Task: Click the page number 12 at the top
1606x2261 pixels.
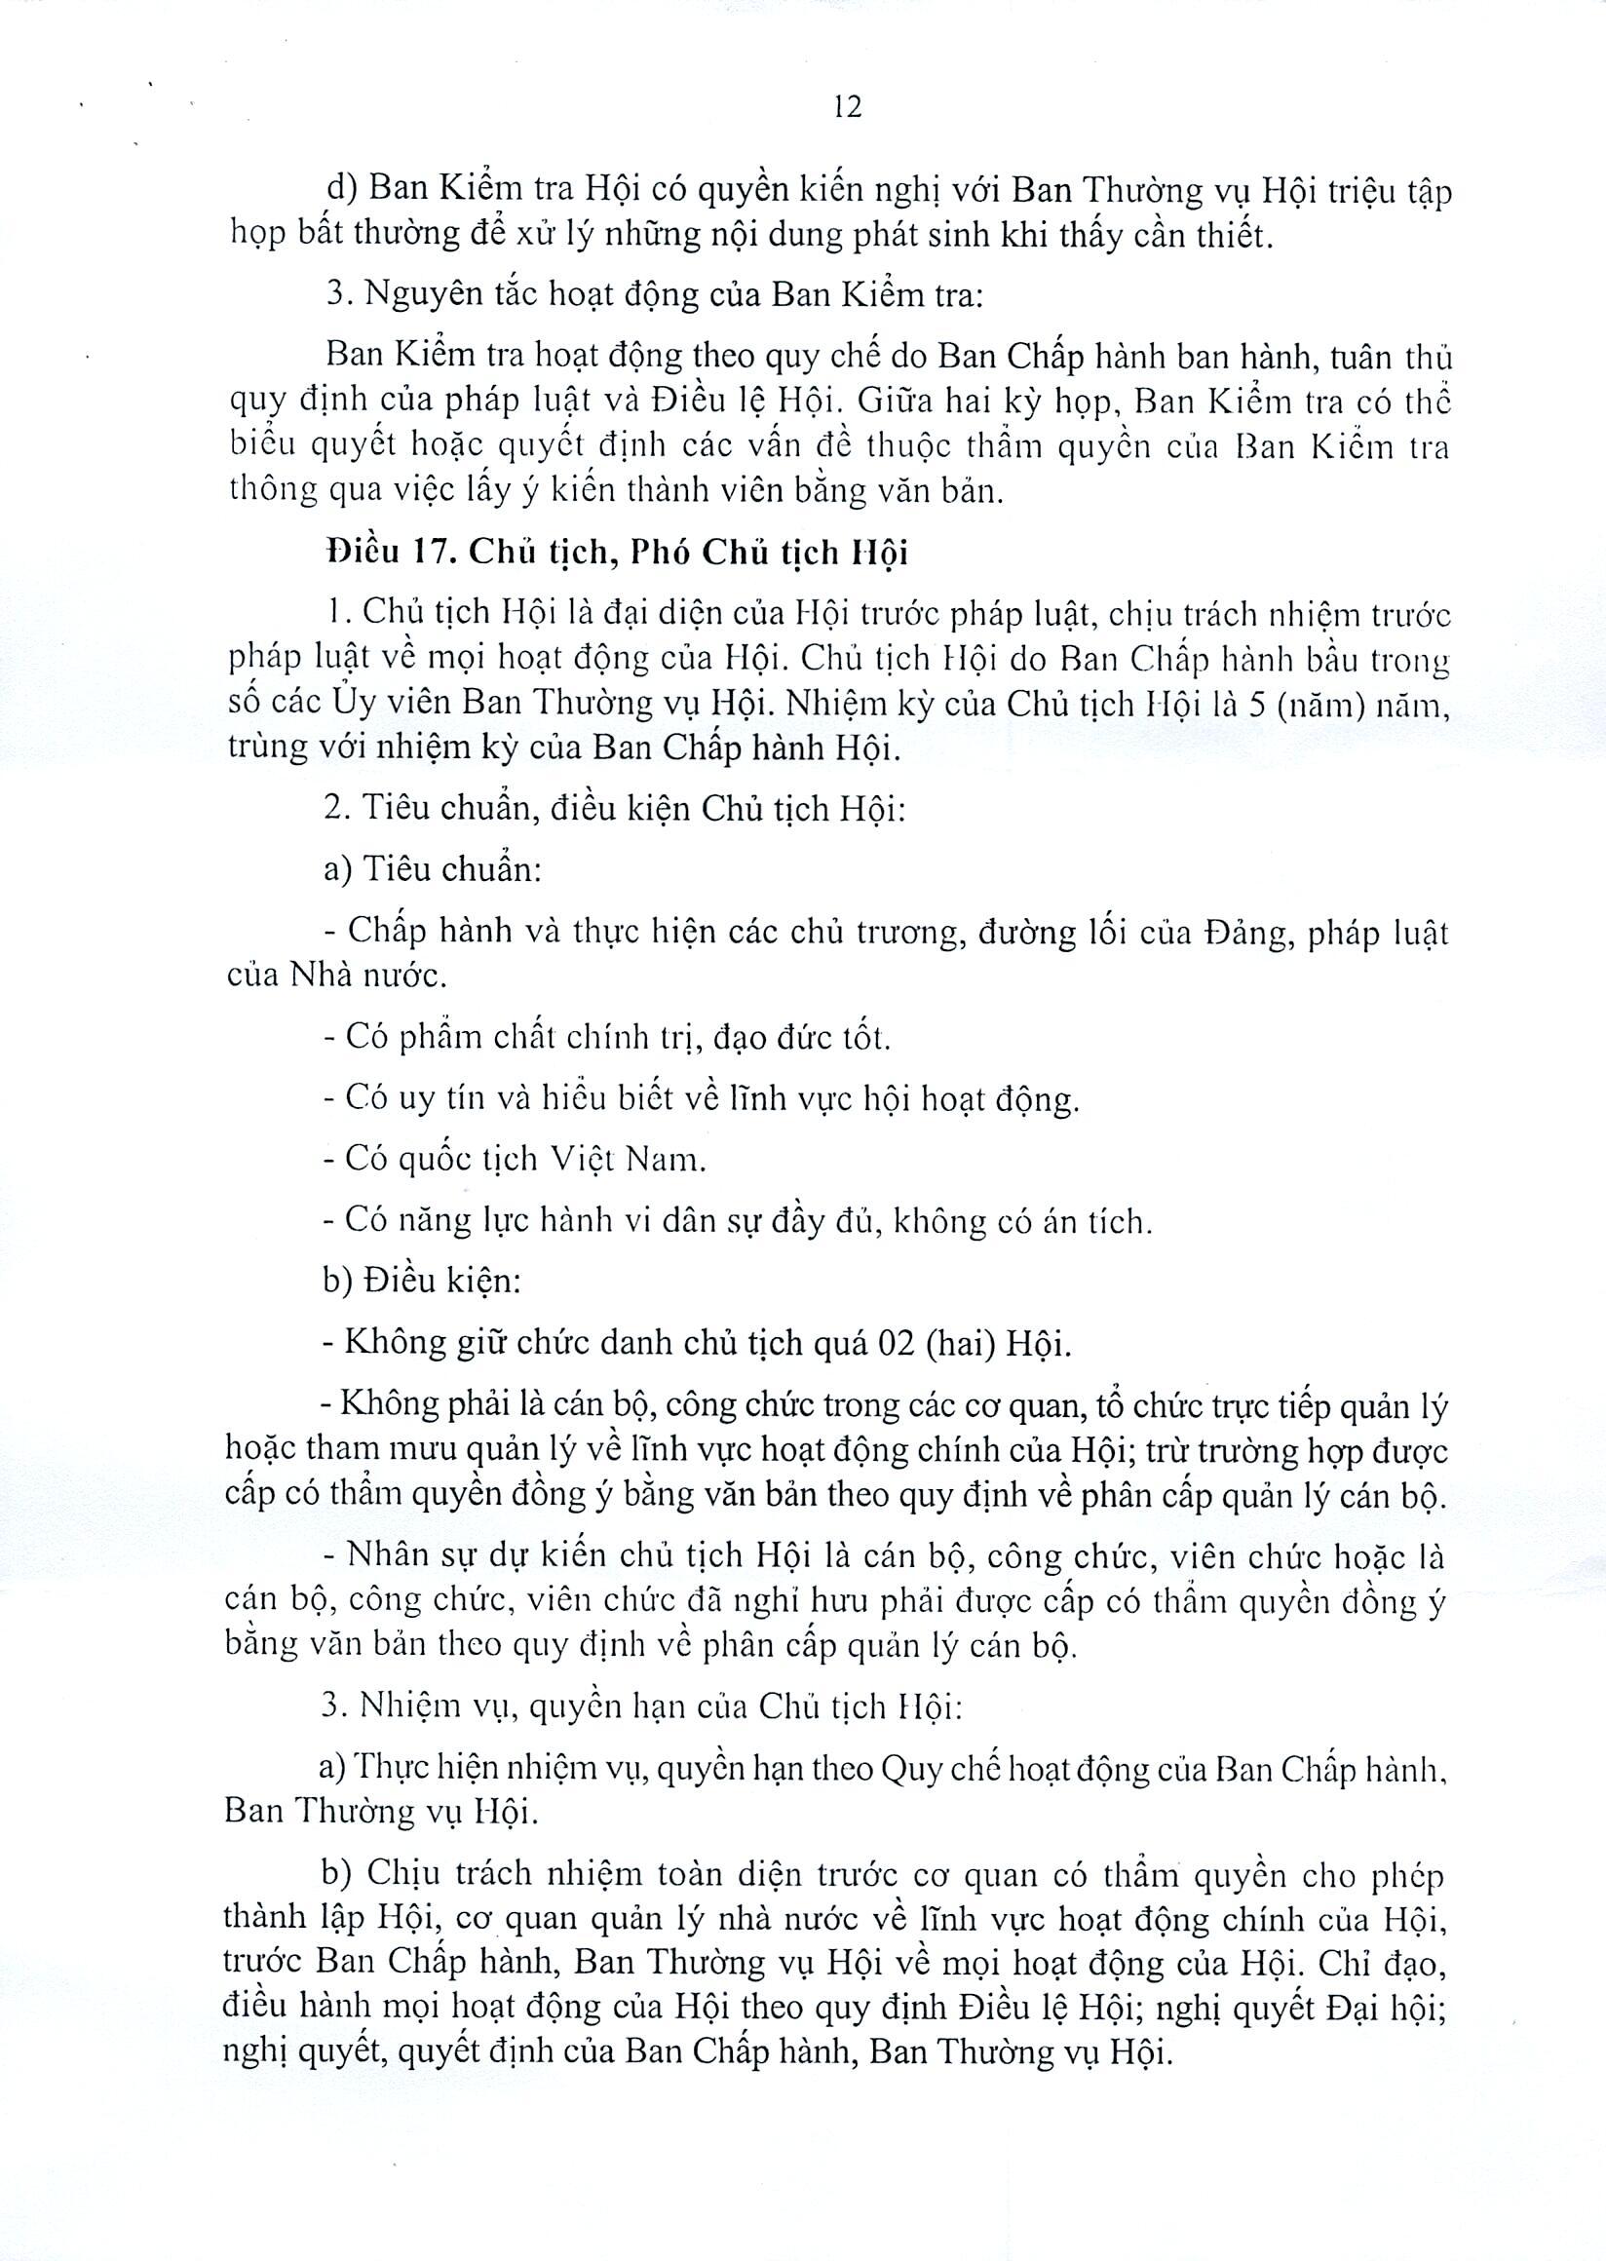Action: [848, 106]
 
